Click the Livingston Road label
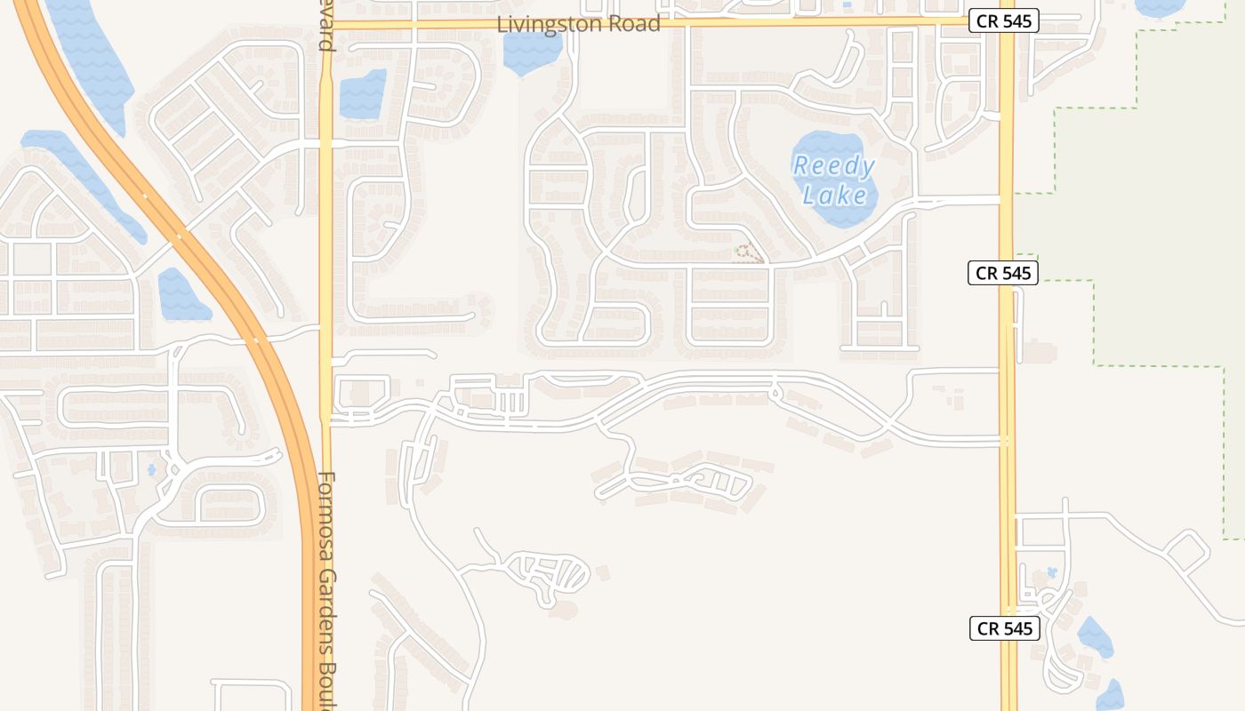click(578, 24)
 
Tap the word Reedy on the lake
click(833, 166)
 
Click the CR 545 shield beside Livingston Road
click(1004, 21)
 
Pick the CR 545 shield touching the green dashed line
click(1004, 273)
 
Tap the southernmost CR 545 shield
click(1004, 628)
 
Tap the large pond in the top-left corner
click(89, 53)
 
